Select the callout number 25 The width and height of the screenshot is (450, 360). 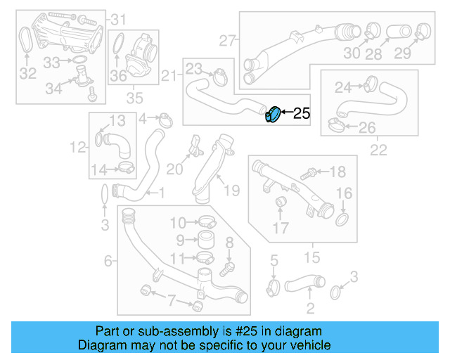pyautogui.click(x=301, y=113)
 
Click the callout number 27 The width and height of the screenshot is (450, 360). pyautogui.click(x=227, y=40)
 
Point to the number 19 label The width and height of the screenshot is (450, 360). pyautogui.click(x=231, y=190)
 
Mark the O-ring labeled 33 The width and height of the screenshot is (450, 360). pyautogui.click(x=75, y=63)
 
